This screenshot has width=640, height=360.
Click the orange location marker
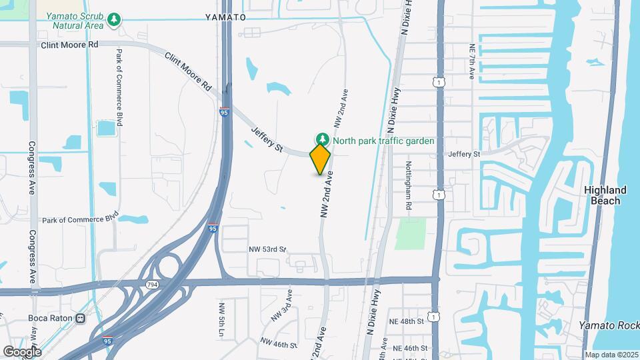pos(321,159)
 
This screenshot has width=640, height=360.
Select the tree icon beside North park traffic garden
pos(323,139)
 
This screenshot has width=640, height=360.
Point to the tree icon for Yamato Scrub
pos(115,19)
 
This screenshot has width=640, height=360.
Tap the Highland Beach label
pos(605,195)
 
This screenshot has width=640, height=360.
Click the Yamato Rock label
pos(609,325)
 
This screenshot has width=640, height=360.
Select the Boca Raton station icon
pos(81,317)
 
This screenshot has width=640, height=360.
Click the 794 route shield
pos(152,284)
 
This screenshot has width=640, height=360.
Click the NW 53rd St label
pos(267,249)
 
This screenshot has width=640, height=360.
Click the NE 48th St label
pos(409,321)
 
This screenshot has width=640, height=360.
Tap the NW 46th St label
pos(279,344)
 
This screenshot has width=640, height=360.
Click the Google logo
pos(22,351)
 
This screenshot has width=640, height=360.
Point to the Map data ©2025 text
pos(611,355)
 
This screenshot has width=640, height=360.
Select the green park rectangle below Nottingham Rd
pos(409,233)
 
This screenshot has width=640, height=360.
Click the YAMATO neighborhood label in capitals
pos(225,17)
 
